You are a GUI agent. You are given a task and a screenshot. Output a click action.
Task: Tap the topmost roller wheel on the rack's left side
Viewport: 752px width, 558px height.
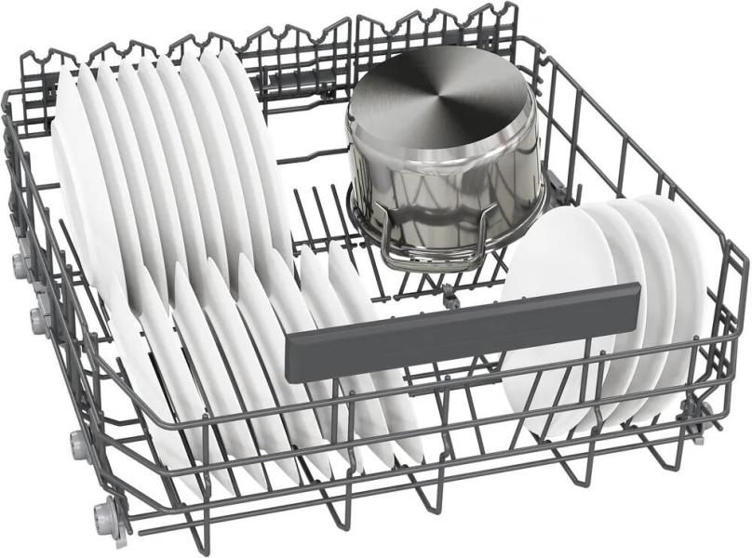pyautogui.click(x=20, y=265)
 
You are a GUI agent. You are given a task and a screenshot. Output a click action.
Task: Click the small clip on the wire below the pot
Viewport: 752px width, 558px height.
pyautogui.click(x=450, y=298)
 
